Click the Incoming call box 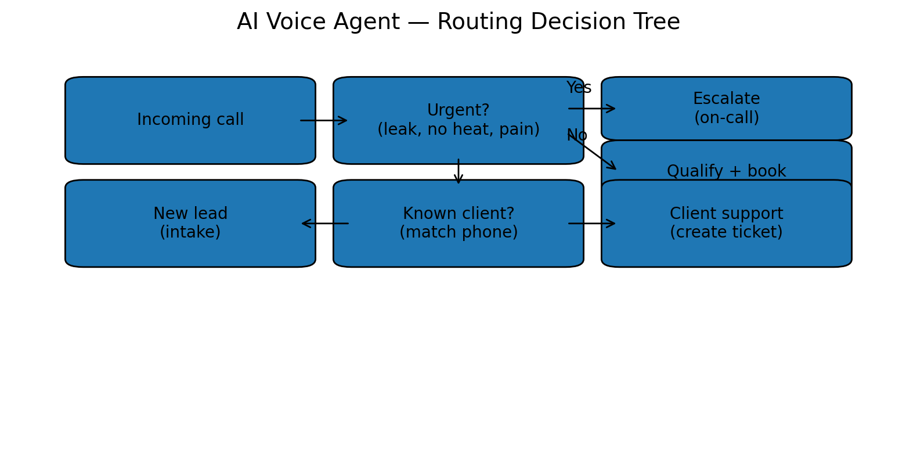click(190, 120)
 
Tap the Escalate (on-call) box click(726, 109)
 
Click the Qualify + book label click(726, 171)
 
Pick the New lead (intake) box click(190, 224)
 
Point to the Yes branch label click(579, 88)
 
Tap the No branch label click(577, 136)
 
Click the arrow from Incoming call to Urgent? click(323, 120)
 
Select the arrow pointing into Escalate click(591, 109)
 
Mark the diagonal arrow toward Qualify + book click(592, 151)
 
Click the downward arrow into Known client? click(458, 171)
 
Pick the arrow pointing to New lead click(325, 224)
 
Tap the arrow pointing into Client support click(591, 224)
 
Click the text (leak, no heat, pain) click(458, 130)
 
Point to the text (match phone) click(458, 233)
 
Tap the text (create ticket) click(726, 233)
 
